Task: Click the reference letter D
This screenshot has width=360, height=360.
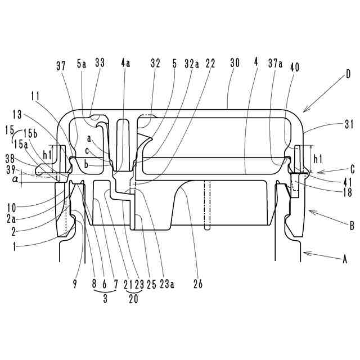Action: (x=349, y=73)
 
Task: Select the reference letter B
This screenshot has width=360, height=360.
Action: (x=352, y=224)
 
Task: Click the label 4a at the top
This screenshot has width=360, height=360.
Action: (x=125, y=65)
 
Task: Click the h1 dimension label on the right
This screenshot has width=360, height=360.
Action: (x=318, y=158)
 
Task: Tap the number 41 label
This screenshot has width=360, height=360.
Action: (x=347, y=181)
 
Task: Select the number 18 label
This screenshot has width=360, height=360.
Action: (x=347, y=192)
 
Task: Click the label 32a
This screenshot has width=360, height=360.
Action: (x=192, y=65)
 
